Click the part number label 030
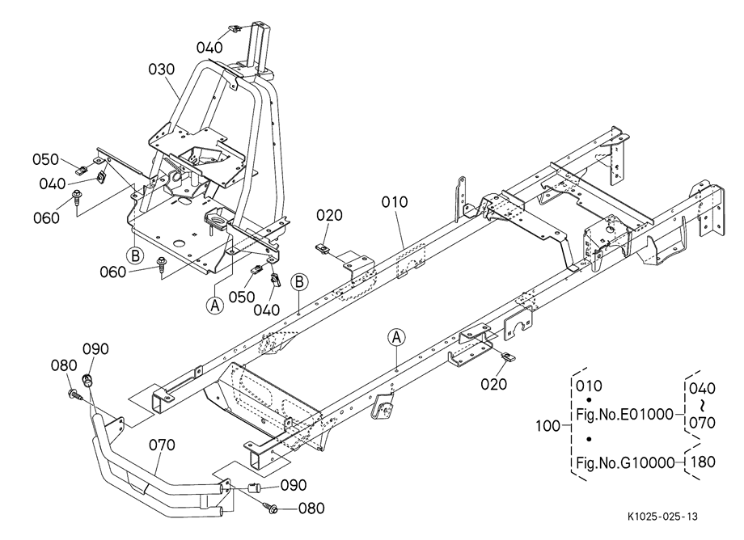pyautogui.click(x=161, y=70)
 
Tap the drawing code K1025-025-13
pyautogui.click(x=662, y=517)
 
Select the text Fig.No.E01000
pyautogui.click(x=624, y=414)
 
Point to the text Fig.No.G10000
pyautogui.click(x=625, y=462)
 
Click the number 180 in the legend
pyautogui.click(x=702, y=462)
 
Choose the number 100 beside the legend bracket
pyautogui.click(x=548, y=426)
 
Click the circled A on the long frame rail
pyautogui.click(x=397, y=338)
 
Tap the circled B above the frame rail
pyautogui.click(x=299, y=281)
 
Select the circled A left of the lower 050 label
pyautogui.click(x=215, y=305)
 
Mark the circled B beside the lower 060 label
pyautogui.click(x=135, y=255)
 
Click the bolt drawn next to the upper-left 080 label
pyautogui.click(x=75, y=393)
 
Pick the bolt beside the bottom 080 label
pyautogui.click(x=273, y=508)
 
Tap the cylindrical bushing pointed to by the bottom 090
pyautogui.click(x=256, y=487)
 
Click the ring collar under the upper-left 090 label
pyautogui.click(x=88, y=380)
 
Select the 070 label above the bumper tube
pyautogui.click(x=162, y=445)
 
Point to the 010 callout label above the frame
pyautogui.click(x=395, y=202)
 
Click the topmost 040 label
pyautogui.click(x=209, y=48)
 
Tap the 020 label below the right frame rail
pyautogui.click(x=494, y=384)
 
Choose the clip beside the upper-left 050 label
pyautogui.click(x=82, y=168)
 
